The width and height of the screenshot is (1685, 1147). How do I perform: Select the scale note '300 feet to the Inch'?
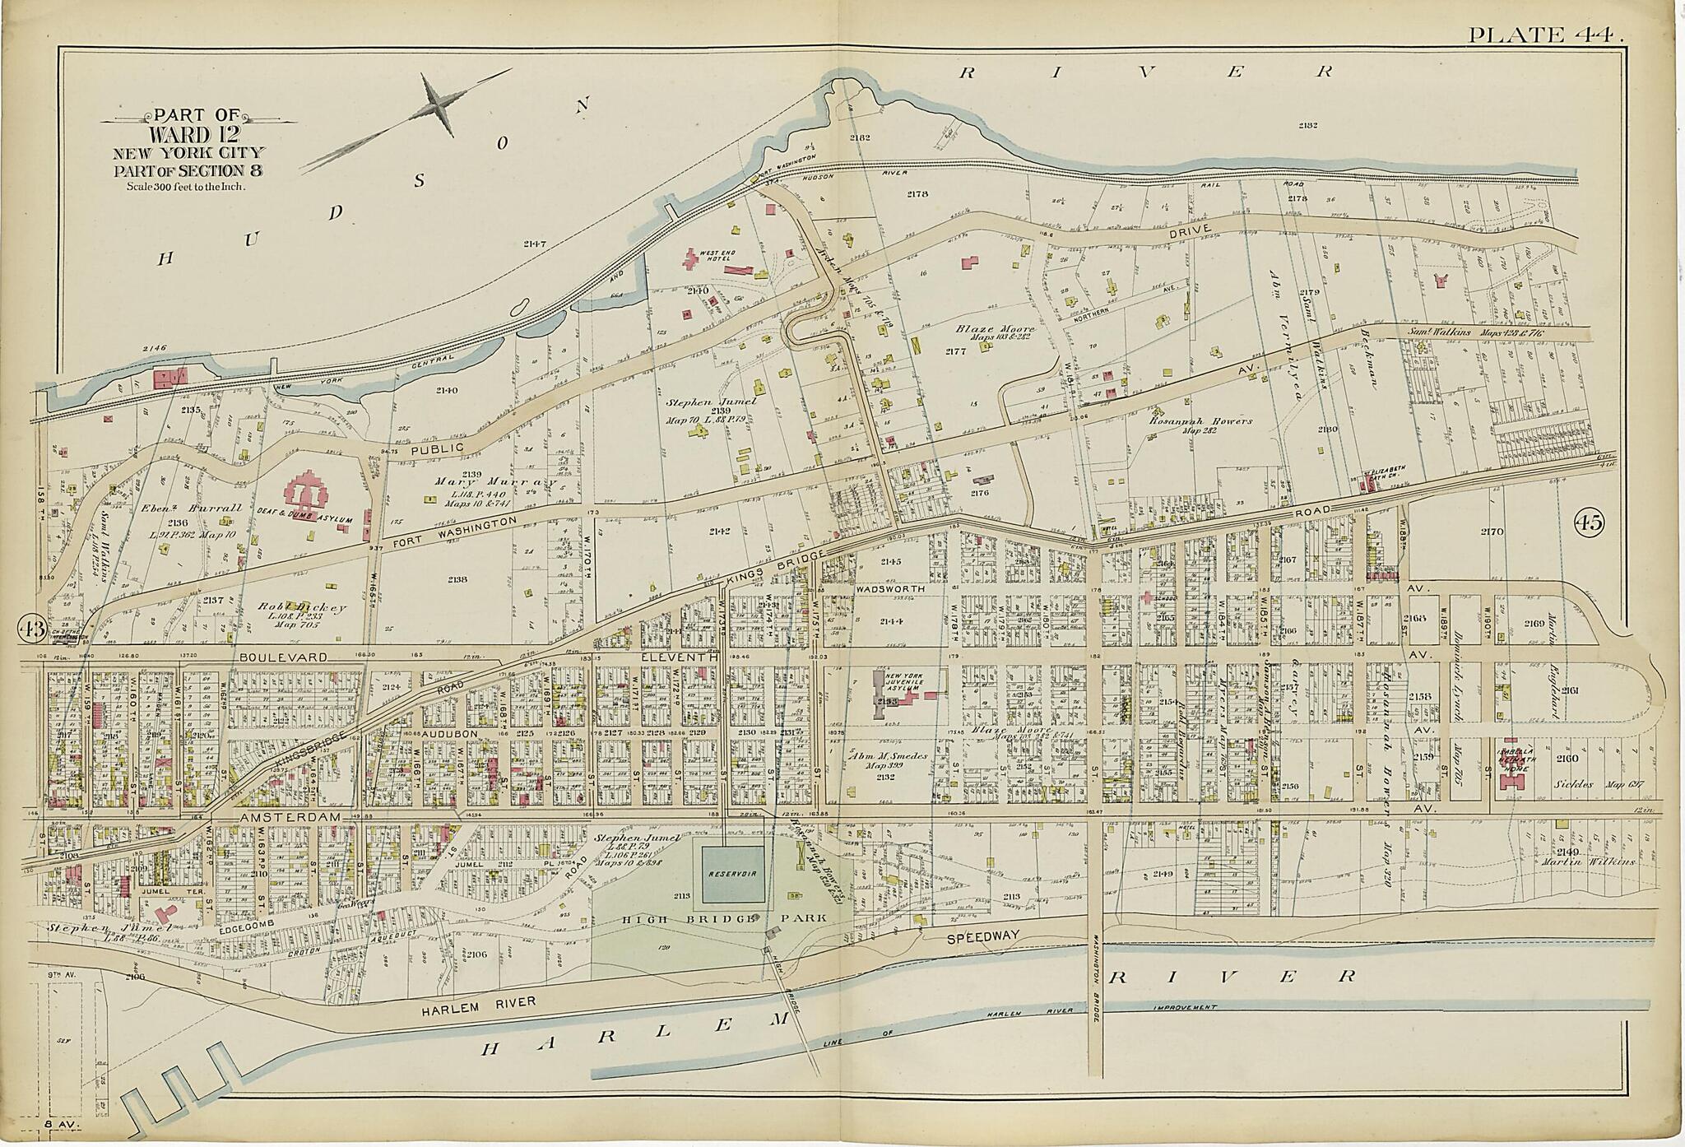click(x=188, y=186)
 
